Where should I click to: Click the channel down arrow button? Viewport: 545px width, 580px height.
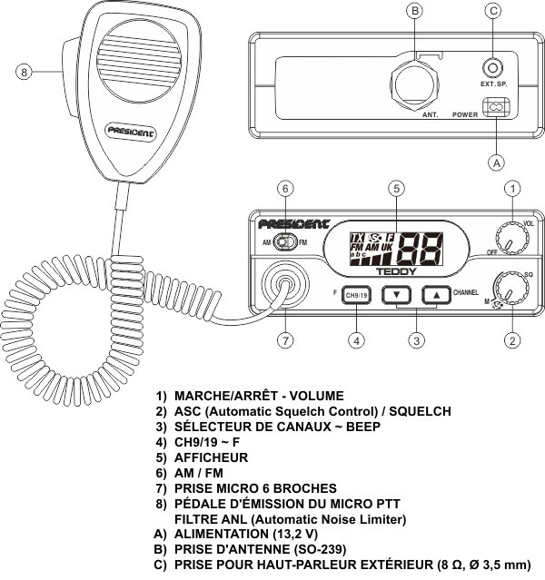[x=397, y=294]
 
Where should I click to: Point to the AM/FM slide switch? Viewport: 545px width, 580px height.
[x=286, y=243]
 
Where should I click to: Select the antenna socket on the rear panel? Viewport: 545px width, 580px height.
[x=414, y=81]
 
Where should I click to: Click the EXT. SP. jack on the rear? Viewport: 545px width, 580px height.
[x=493, y=68]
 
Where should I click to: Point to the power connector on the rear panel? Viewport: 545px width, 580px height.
[x=495, y=109]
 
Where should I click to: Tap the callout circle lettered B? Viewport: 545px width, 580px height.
[x=414, y=11]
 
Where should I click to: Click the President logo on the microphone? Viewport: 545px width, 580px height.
[x=131, y=130]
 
